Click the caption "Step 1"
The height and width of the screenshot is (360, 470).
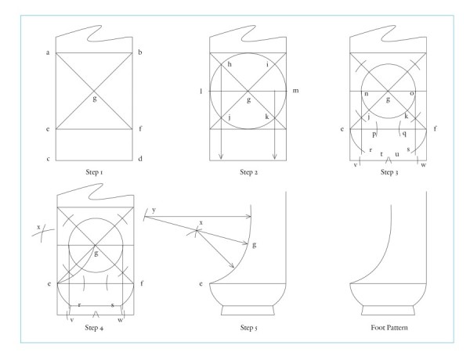tap(96, 170)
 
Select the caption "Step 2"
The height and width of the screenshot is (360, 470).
tap(248, 170)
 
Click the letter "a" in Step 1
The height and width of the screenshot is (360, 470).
tap(49, 52)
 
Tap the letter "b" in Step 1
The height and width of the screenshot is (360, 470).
tap(140, 52)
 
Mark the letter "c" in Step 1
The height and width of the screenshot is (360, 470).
tap(49, 160)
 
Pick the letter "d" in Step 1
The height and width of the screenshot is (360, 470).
tap(140, 160)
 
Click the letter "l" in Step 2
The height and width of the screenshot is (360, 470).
tap(202, 92)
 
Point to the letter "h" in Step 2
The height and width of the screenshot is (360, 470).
tap(230, 64)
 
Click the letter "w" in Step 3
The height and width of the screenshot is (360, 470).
tap(424, 164)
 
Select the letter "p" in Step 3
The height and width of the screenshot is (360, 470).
tap(374, 134)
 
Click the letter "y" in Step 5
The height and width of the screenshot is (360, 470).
tap(154, 210)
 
